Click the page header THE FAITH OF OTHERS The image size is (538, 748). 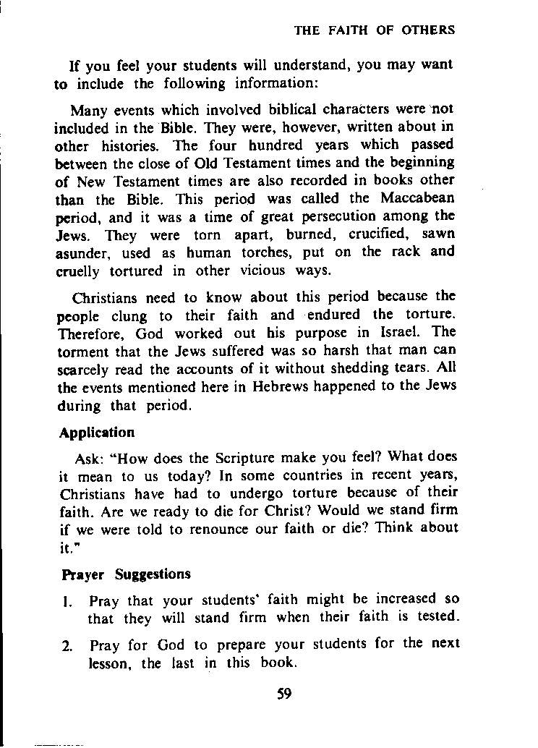coord(374,30)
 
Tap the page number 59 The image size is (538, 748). coord(283,694)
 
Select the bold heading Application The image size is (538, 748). coord(97,433)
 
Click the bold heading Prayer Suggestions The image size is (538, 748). coord(125,574)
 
